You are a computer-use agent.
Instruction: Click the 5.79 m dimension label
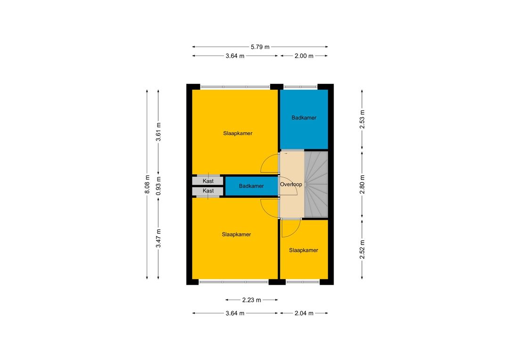click(x=260, y=47)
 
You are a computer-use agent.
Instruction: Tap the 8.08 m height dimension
click(x=147, y=184)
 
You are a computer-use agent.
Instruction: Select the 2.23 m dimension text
click(x=252, y=300)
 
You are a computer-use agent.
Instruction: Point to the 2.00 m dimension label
click(x=304, y=56)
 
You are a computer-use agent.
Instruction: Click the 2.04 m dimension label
click(x=304, y=313)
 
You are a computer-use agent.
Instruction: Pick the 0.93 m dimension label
click(x=158, y=186)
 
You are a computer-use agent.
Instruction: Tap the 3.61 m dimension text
click(x=158, y=132)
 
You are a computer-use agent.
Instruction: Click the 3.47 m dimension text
click(x=158, y=238)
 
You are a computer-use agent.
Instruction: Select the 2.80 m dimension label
click(x=362, y=184)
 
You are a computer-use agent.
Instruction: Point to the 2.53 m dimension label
click(x=362, y=120)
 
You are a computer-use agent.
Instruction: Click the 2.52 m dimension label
click(x=362, y=249)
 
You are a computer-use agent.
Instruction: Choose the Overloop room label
click(x=291, y=184)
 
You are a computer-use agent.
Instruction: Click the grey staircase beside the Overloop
click(x=316, y=184)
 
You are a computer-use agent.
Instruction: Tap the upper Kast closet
click(x=208, y=181)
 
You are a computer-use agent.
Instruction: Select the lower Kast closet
click(x=208, y=191)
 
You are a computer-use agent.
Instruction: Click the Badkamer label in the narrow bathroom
click(x=251, y=186)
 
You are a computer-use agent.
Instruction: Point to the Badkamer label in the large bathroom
click(x=304, y=118)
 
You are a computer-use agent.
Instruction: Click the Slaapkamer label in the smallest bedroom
click(x=304, y=250)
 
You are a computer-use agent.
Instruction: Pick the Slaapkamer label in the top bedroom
click(x=238, y=133)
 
